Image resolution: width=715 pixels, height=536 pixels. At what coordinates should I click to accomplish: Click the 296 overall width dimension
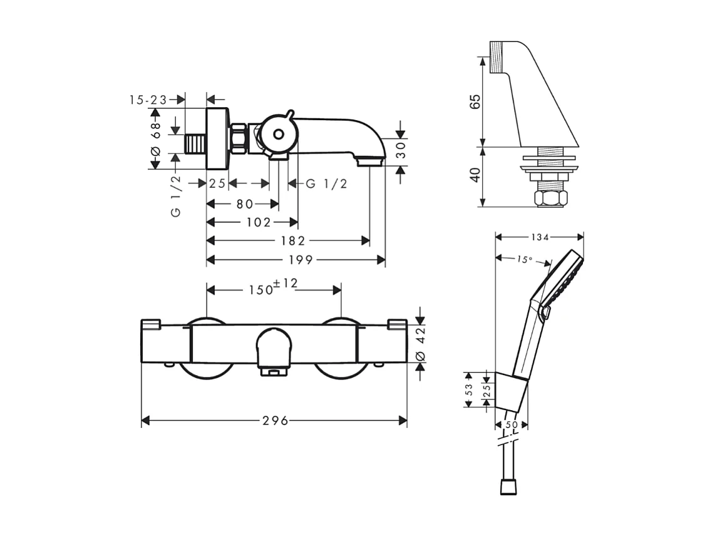(x=275, y=421)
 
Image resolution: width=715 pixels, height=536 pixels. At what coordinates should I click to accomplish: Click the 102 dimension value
(x=259, y=222)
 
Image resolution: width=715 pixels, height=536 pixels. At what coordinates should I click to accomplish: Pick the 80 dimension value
(x=245, y=204)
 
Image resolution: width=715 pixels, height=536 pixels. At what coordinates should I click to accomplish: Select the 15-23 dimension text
(x=148, y=100)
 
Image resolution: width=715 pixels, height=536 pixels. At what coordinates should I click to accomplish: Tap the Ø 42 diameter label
(x=420, y=343)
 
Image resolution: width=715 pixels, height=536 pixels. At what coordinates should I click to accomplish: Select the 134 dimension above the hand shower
(x=539, y=237)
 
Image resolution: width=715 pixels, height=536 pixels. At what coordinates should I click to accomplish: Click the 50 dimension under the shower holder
(x=512, y=425)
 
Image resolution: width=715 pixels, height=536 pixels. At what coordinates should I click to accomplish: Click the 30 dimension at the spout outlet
(x=401, y=150)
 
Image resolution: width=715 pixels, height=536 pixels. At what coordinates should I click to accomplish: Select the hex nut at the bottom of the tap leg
(x=550, y=198)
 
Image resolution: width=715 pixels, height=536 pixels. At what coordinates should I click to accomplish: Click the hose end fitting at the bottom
(x=508, y=487)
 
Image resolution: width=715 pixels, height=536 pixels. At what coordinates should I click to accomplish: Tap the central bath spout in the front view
(x=273, y=349)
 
